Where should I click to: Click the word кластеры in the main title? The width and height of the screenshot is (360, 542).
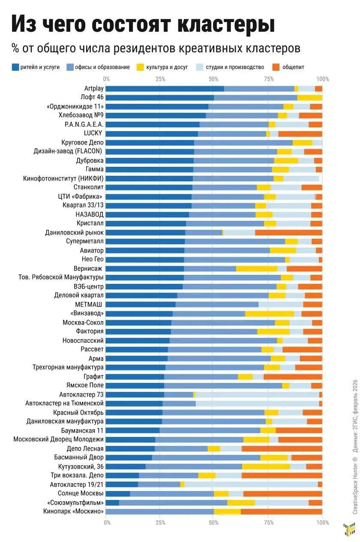226,24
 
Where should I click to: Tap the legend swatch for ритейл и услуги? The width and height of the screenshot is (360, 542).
15,67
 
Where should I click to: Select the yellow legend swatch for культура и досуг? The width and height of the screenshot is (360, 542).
140,67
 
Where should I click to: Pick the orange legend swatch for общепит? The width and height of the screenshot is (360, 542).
276,67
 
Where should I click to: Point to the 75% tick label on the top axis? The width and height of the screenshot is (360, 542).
269,79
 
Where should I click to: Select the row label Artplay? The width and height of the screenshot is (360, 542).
94,89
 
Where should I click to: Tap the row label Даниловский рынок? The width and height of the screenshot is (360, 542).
74,232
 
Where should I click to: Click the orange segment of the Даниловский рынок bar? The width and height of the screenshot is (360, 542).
288,232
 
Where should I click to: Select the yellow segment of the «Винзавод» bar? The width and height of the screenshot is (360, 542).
269,314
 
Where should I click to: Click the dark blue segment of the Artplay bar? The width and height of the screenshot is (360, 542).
165,89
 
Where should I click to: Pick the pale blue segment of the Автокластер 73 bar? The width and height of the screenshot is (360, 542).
257,395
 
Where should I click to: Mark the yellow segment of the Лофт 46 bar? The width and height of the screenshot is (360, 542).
310,98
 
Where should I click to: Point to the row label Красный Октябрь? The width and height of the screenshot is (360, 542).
78,413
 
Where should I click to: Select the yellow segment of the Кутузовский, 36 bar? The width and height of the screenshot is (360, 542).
266,467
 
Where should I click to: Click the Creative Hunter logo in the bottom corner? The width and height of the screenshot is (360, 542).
349,529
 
